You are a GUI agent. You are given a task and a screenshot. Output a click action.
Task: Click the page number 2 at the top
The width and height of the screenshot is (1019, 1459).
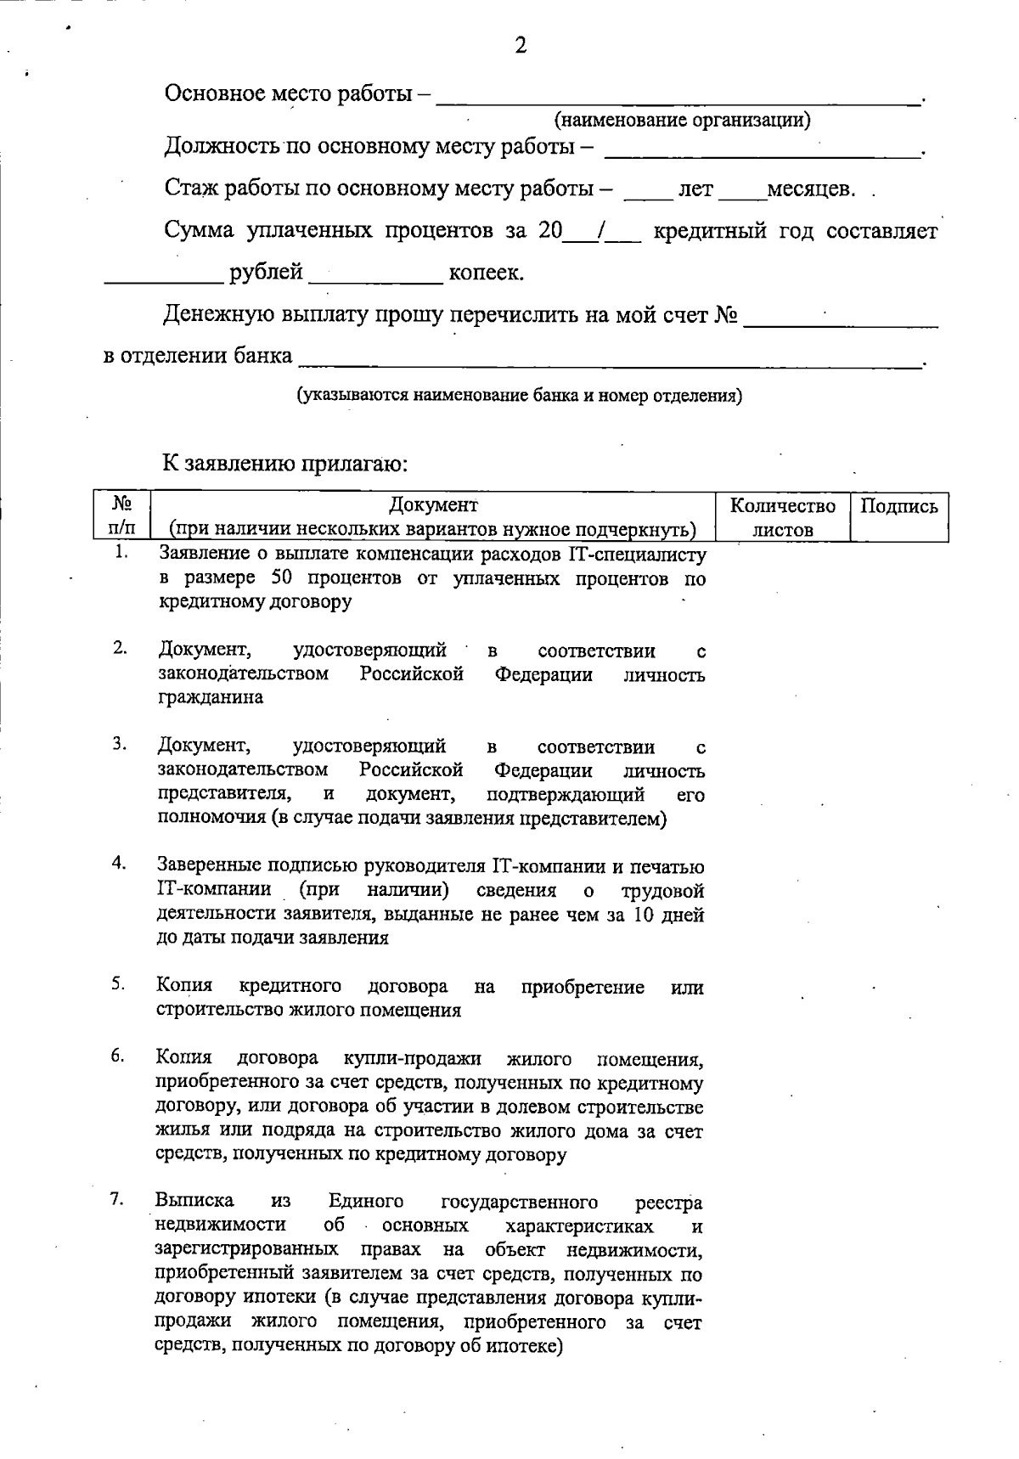click(x=521, y=45)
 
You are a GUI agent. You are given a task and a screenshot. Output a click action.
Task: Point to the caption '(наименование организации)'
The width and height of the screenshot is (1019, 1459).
click(x=682, y=120)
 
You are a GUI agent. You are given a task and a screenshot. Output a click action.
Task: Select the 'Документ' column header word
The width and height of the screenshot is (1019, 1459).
click(x=433, y=506)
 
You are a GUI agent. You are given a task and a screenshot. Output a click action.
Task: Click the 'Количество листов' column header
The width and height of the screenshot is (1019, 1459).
click(x=783, y=517)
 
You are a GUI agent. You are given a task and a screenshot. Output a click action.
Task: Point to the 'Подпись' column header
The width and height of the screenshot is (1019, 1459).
click(x=899, y=507)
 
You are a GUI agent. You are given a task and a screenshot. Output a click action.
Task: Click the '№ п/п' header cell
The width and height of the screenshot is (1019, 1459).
click(x=121, y=516)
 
